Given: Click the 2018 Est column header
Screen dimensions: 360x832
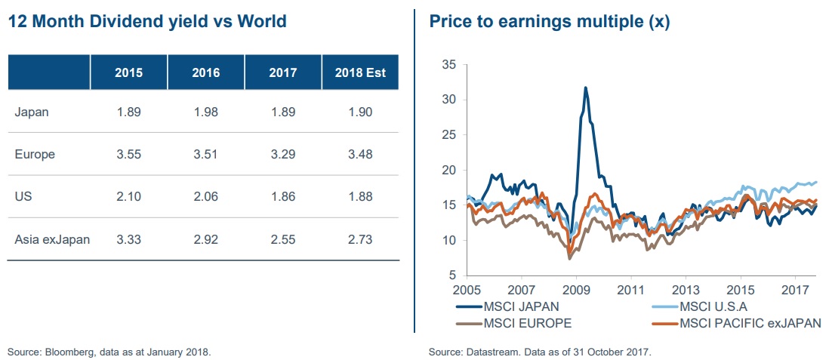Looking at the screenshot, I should [x=360, y=73].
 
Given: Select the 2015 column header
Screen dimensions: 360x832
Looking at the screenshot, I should [x=128, y=73].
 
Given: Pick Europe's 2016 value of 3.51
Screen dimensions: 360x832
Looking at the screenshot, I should [x=206, y=155].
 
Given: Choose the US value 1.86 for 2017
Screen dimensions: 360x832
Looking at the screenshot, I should [x=282, y=197].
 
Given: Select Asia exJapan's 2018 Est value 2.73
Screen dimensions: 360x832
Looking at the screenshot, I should [x=360, y=240].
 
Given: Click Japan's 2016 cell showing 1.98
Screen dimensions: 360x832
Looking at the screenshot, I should [x=206, y=112].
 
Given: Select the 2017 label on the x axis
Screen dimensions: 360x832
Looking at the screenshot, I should [x=795, y=290].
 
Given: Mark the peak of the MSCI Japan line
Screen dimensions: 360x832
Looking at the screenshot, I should [x=585, y=88].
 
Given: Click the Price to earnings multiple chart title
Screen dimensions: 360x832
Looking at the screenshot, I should [x=549, y=21].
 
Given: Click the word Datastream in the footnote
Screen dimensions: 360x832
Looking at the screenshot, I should [x=488, y=352].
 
